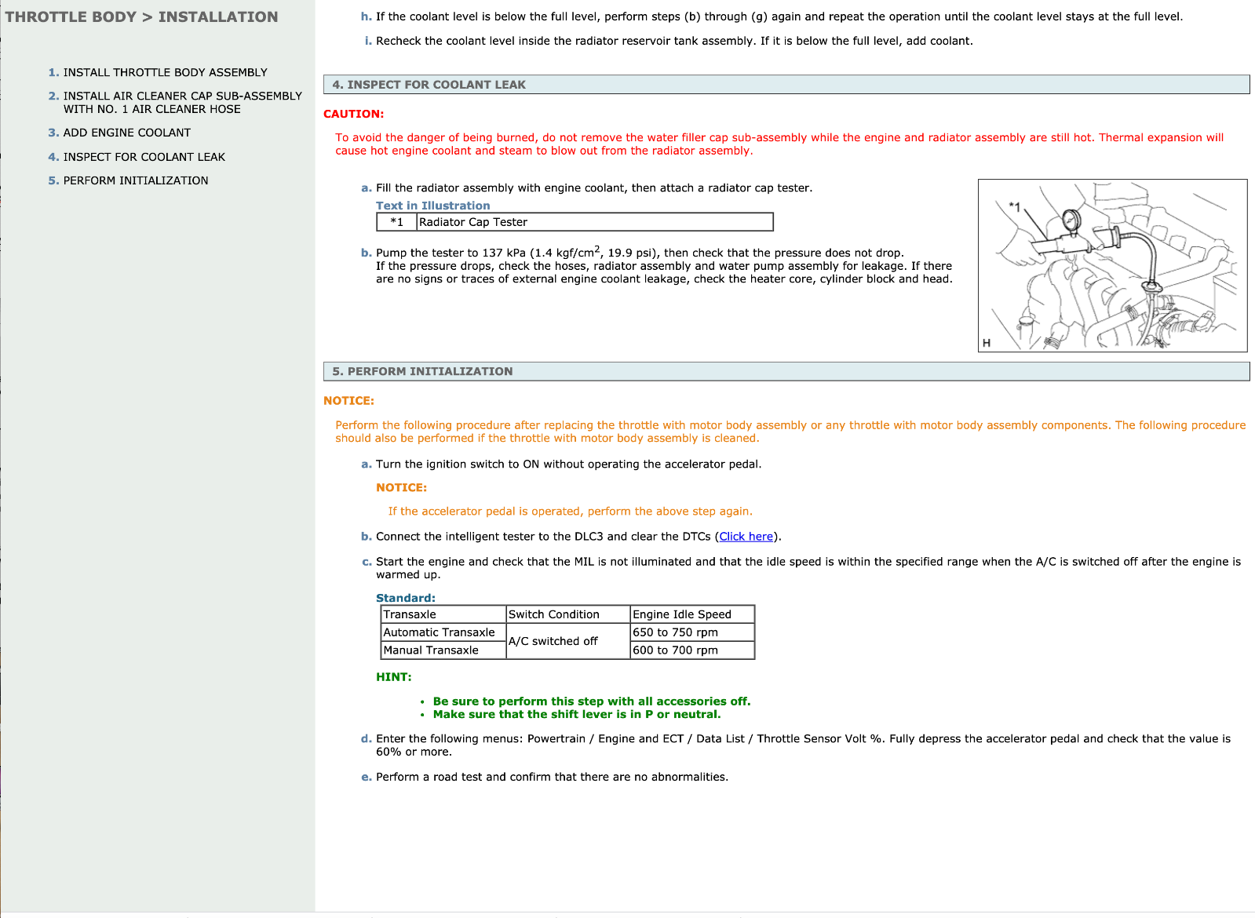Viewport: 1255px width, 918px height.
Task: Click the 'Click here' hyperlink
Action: coord(746,537)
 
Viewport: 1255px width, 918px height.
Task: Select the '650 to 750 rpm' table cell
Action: coord(675,632)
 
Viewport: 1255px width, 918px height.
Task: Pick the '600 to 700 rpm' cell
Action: coord(675,650)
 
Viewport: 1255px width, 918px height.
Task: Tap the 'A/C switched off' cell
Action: coord(553,641)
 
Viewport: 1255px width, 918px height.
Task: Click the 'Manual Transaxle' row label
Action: coord(431,650)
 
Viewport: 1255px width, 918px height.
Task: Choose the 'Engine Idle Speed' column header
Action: coord(681,614)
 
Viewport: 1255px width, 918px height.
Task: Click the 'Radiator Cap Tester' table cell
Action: coord(473,222)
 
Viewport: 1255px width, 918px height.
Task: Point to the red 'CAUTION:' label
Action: coord(353,114)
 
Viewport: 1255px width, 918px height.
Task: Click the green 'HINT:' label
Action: coord(393,677)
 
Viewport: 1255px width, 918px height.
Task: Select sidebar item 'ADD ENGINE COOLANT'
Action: coord(126,133)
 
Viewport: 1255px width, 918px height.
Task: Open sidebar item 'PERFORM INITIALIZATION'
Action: coord(135,180)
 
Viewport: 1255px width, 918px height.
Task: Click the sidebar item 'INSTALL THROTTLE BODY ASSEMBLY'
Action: coord(165,72)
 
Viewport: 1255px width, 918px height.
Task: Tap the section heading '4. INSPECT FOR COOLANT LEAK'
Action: coord(429,85)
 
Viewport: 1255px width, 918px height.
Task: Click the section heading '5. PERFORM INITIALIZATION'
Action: coord(422,372)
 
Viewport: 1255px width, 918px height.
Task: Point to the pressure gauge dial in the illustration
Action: coord(1071,220)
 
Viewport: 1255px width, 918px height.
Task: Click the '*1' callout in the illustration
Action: coord(1014,207)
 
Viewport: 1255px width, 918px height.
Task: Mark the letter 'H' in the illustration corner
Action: coord(987,343)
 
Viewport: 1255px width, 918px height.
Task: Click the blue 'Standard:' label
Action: coord(405,598)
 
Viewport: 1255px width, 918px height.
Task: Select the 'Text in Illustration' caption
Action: coord(432,206)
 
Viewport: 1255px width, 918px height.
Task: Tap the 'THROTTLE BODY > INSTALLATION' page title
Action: coord(141,17)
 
